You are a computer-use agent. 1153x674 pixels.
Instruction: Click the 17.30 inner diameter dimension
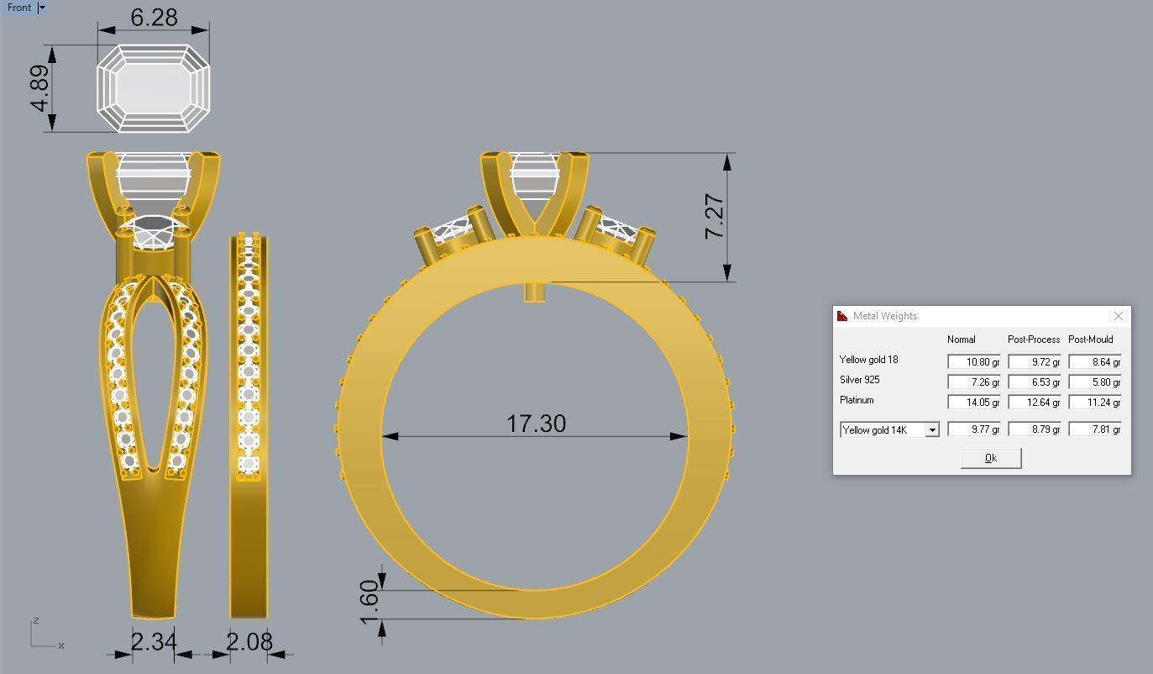[536, 424]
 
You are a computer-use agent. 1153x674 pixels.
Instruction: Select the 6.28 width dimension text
[154, 18]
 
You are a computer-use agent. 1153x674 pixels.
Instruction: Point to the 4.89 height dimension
[39, 88]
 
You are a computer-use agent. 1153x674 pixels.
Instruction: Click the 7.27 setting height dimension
[714, 217]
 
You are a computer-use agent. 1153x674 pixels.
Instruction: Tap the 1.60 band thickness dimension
[370, 603]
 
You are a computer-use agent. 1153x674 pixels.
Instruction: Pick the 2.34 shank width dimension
[154, 642]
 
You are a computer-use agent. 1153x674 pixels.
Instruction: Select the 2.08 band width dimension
[249, 642]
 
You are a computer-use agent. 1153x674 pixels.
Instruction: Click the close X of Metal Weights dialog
[1118, 316]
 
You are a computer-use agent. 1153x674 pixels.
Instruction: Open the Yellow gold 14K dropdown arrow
[931, 430]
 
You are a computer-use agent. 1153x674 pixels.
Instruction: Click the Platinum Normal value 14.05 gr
[973, 403]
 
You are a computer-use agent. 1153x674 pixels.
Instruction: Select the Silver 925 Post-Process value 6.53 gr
[1034, 382]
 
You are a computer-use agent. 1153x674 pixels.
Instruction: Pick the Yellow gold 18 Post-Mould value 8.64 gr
[1094, 362]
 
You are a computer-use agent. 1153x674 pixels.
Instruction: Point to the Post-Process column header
[1034, 340]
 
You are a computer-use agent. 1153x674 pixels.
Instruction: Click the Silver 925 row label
[860, 380]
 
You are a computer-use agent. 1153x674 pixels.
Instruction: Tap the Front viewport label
[18, 8]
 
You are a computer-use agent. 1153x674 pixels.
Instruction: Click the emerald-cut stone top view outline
[153, 88]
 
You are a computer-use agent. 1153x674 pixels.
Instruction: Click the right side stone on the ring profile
[617, 229]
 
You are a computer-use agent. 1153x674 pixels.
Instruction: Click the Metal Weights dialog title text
[885, 316]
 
